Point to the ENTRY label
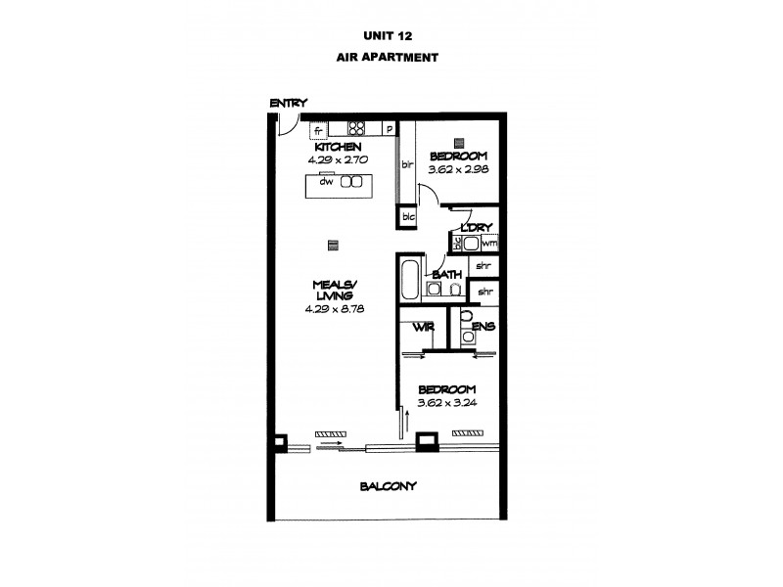point(290,103)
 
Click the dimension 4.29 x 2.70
point(335,158)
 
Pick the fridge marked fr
point(319,129)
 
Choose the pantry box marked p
point(389,128)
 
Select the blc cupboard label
point(407,217)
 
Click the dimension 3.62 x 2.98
point(457,169)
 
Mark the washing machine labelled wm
point(487,243)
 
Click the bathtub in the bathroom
point(410,279)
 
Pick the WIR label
point(423,327)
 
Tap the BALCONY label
point(389,486)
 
